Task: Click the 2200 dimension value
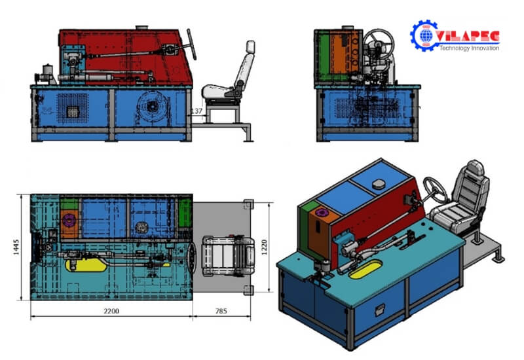click(x=111, y=312)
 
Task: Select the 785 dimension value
click(x=221, y=312)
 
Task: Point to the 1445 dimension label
click(x=16, y=247)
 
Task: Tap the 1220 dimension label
click(x=265, y=247)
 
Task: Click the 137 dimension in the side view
click(x=196, y=111)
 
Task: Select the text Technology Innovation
click(x=469, y=48)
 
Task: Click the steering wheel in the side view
click(x=191, y=44)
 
